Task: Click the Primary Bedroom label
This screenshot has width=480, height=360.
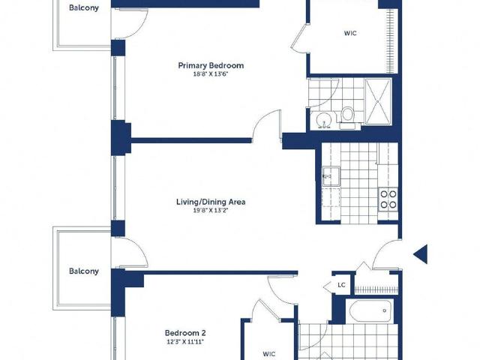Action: [211, 65]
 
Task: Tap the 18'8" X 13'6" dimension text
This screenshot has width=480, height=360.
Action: [211, 73]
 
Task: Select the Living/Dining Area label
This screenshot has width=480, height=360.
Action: [211, 202]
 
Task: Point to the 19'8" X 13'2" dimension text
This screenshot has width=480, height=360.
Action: [211, 210]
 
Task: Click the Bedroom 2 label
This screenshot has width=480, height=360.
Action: [185, 333]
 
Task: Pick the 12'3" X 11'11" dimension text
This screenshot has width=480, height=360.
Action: [185, 342]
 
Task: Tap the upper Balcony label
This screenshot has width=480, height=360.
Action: [84, 8]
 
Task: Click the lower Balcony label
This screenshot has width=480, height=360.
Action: [84, 271]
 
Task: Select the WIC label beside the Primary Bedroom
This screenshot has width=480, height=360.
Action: [350, 33]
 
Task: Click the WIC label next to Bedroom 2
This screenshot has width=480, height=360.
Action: [269, 354]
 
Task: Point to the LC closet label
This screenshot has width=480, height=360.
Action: [342, 285]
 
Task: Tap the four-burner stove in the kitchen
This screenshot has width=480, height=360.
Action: [388, 199]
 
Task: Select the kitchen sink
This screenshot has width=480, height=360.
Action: [331, 176]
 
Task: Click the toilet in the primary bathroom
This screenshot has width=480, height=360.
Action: [347, 118]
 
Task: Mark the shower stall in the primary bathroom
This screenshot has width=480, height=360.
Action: [378, 102]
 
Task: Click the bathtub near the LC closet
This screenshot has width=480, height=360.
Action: [370, 310]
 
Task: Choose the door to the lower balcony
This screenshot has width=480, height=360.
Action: [130, 252]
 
